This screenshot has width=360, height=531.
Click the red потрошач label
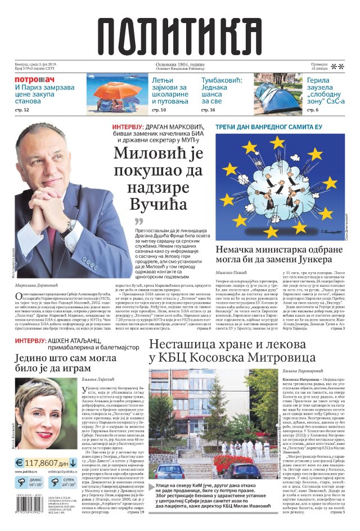point(34,79)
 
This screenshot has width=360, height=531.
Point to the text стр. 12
point(22,110)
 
